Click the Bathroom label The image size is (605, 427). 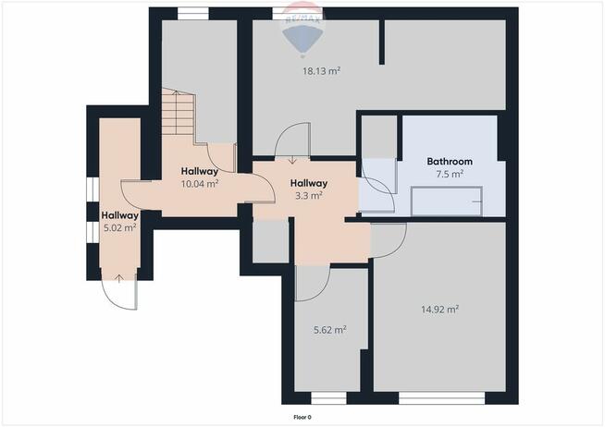pyautogui.click(x=450, y=162)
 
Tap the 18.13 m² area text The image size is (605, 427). pyautogui.click(x=321, y=71)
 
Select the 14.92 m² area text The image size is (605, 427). pyautogui.click(x=439, y=309)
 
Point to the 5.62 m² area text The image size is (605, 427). pyautogui.click(x=329, y=330)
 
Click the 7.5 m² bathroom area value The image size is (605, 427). pyautogui.click(x=450, y=174)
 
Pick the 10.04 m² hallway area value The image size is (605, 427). pyautogui.click(x=200, y=184)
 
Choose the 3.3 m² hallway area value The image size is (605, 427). pyautogui.click(x=309, y=196)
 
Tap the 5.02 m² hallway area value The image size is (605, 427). pyautogui.click(x=119, y=227)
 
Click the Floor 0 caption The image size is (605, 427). pyautogui.click(x=302, y=418)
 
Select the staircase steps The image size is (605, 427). pyautogui.click(x=178, y=113)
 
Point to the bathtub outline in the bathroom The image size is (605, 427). pyautogui.click(x=447, y=201)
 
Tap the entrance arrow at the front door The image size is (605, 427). pyautogui.click(x=118, y=278)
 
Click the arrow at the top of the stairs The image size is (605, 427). pyautogui.click(x=176, y=93)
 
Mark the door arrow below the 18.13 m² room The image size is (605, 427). pyautogui.click(x=292, y=159)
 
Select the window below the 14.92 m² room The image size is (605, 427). pyautogui.click(x=442, y=398)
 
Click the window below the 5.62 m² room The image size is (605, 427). pyautogui.click(x=328, y=398)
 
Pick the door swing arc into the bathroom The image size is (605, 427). pyautogui.click(x=382, y=189)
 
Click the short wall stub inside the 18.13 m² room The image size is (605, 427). pyautogui.click(x=382, y=42)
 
